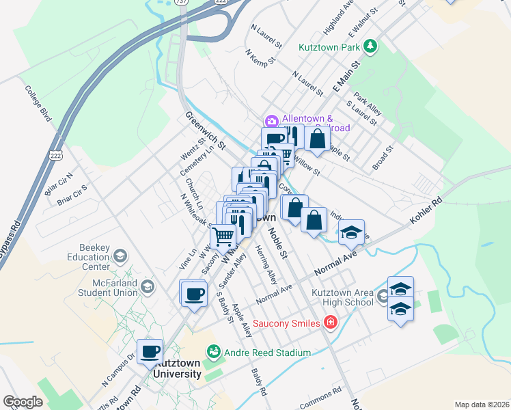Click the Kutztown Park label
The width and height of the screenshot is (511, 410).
329,48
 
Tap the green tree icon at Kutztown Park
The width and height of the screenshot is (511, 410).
370,46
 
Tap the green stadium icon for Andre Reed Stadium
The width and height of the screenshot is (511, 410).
213,352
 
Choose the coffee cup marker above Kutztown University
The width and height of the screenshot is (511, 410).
150,351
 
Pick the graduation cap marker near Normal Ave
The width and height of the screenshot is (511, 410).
351,232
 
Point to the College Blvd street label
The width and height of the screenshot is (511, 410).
38,103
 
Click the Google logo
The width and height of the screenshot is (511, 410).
23,402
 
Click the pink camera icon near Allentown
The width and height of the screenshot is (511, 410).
272,122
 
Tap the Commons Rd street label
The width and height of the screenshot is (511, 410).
327,394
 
